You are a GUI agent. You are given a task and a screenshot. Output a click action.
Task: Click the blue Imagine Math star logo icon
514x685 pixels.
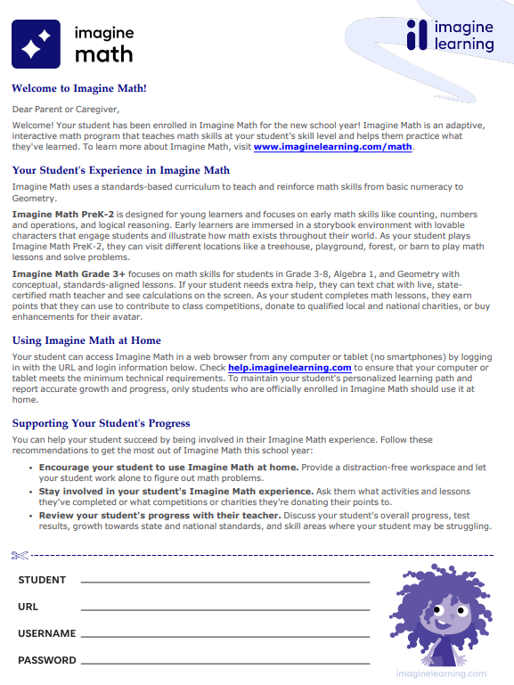click(36, 44)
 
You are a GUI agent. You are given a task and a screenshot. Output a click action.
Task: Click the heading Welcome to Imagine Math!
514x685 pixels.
click(79, 88)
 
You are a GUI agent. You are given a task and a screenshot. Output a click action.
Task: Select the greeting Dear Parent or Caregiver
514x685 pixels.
click(64, 110)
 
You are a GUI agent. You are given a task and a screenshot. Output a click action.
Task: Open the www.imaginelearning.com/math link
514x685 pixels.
click(333, 147)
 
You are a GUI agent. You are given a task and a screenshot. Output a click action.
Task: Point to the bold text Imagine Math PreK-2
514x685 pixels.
click(63, 215)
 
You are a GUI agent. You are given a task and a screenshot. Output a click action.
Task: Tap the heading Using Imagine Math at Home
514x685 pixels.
click(86, 339)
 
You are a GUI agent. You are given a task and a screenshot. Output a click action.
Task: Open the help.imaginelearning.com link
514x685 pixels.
click(290, 367)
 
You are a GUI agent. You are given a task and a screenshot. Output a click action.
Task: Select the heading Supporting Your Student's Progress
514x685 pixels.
click(101, 423)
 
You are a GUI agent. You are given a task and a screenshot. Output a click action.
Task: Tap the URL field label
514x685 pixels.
click(29, 607)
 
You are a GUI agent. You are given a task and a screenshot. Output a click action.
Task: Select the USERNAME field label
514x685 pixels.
click(47, 633)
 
